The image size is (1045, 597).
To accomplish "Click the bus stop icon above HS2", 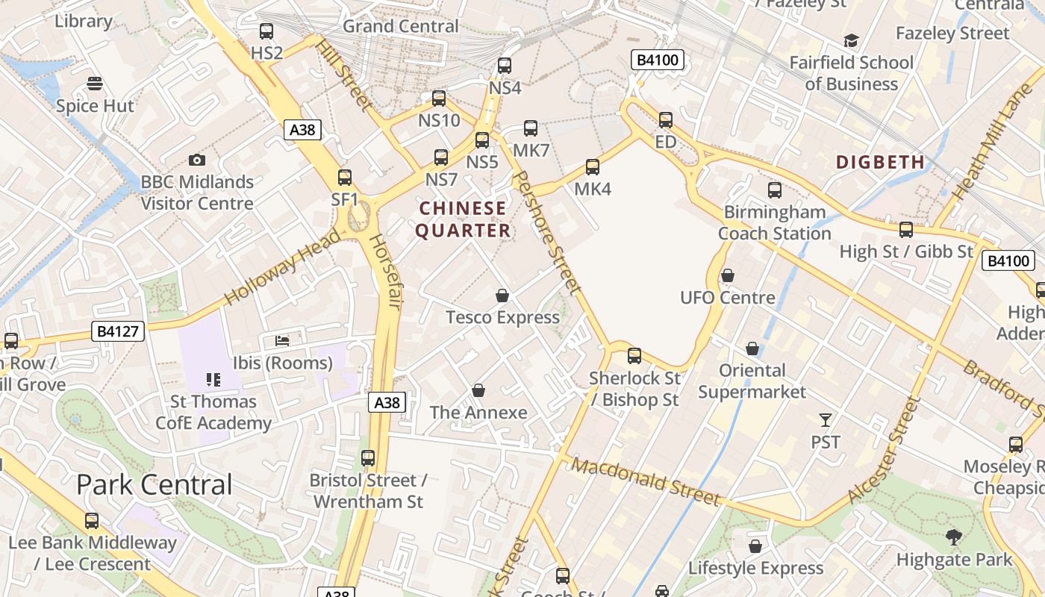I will [x=266, y=31].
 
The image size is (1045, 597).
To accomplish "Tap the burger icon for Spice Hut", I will [x=95, y=83].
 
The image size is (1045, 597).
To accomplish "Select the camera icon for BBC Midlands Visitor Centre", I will [x=197, y=160].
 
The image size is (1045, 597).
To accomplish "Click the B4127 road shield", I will [x=119, y=331].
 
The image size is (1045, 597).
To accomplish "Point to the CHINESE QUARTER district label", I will [x=463, y=219].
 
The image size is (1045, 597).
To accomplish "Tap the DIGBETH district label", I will [x=880, y=162].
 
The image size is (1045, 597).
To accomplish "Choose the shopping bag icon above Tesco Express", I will [x=502, y=296].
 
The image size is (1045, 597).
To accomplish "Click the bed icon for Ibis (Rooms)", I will [x=282, y=341].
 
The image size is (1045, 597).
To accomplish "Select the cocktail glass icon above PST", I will [x=825, y=420].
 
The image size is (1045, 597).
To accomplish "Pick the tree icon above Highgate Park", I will [x=953, y=537].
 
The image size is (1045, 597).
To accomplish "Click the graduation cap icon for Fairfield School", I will [x=851, y=40].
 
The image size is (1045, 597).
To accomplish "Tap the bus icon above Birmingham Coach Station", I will [x=775, y=190].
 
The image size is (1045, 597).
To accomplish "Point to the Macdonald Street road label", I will [x=646, y=482].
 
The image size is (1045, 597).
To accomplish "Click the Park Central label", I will [x=155, y=485].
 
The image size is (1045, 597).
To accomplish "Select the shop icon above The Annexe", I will [x=478, y=390].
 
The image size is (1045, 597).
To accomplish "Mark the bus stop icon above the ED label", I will [x=665, y=119].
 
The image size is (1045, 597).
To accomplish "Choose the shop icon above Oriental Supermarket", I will [x=752, y=349].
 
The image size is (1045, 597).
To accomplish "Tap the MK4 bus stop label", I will [x=593, y=189].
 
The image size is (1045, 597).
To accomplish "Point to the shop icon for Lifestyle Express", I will [x=755, y=546].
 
